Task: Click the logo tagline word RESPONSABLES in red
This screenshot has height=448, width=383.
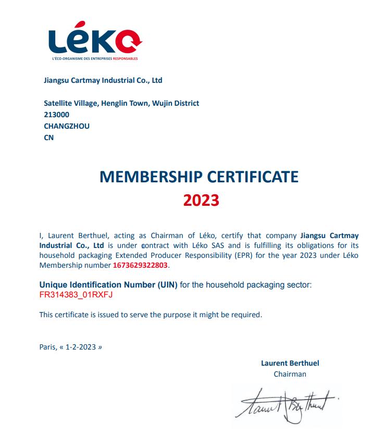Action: pyautogui.click(x=126, y=58)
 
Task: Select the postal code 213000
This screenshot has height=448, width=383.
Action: pyautogui.click(x=57, y=115)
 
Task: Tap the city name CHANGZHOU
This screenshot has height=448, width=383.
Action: pyautogui.click(x=67, y=126)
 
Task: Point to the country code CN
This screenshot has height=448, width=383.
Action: pyautogui.click(x=49, y=138)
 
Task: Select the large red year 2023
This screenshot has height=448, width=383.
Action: pyautogui.click(x=201, y=201)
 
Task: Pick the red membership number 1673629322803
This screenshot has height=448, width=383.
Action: pyautogui.click(x=141, y=265)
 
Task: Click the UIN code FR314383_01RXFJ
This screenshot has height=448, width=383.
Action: pyautogui.click(x=76, y=295)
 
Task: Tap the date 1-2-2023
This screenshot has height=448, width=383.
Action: pyautogui.click(x=81, y=347)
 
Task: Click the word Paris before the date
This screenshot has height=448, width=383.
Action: pyautogui.click(x=47, y=347)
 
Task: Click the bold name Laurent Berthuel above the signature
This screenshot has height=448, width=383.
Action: pyautogui.click(x=290, y=363)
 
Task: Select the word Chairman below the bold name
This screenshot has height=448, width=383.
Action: pyautogui.click(x=290, y=374)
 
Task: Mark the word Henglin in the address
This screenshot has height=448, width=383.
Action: pyautogui.click(x=114, y=103)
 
